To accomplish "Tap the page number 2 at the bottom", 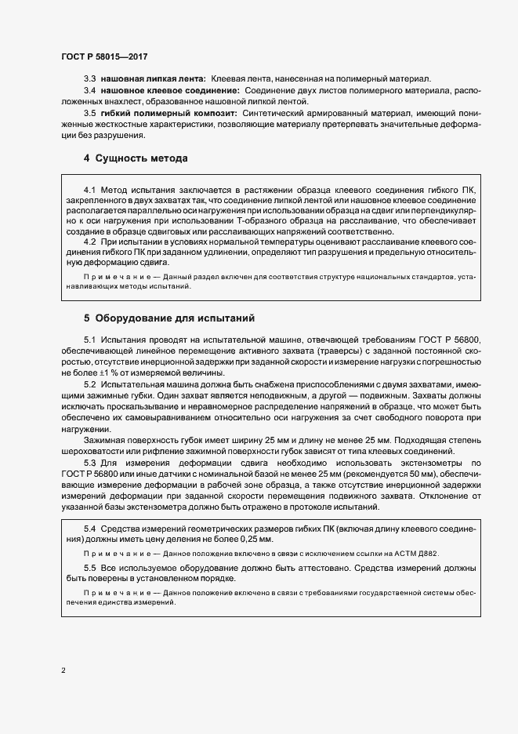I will coord(63,670).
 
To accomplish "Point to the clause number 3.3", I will coord(90,80).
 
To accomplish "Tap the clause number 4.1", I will coord(90,191).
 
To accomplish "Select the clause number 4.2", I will coord(90,242).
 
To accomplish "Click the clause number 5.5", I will coord(90,567).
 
